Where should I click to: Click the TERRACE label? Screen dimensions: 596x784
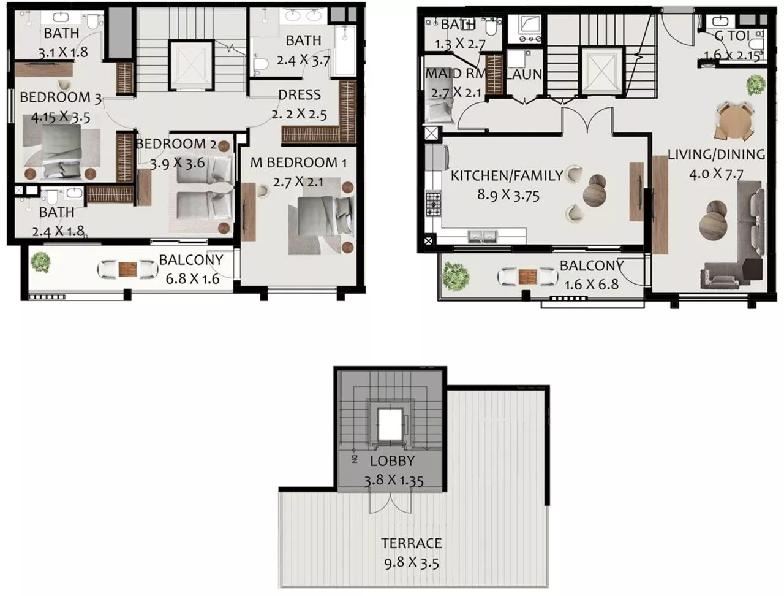(x=411, y=543)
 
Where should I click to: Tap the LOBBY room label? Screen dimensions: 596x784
(x=392, y=461)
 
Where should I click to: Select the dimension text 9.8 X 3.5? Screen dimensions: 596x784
(x=412, y=562)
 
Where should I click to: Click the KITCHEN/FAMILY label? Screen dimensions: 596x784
(x=507, y=176)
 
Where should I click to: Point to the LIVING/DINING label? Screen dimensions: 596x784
(x=716, y=155)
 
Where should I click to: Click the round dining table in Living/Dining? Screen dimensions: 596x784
(x=734, y=123)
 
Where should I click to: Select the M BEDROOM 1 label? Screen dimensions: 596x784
(x=298, y=163)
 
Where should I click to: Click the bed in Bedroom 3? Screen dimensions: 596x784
(x=55, y=147)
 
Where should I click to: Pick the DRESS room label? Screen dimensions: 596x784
(x=299, y=95)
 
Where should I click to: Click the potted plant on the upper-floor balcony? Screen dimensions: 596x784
(x=40, y=262)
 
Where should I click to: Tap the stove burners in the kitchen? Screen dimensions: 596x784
(x=434, y=201)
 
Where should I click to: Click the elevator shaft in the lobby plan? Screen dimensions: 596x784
(x=388, y=422)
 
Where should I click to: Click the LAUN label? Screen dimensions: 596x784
(x=524, y=75)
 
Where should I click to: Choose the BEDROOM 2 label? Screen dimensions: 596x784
(x=176, y=144)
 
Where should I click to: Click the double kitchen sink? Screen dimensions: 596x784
(x=482, y=236)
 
